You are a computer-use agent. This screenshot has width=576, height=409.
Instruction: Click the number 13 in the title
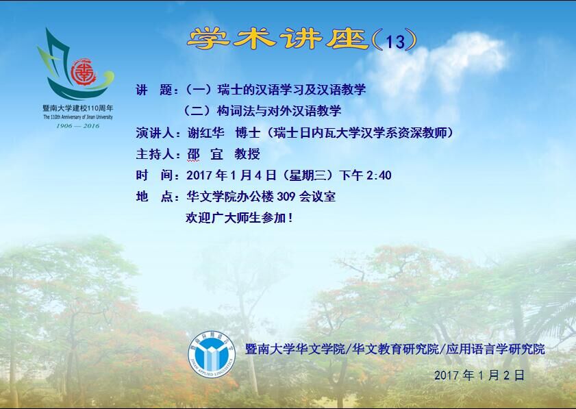click(395, 42)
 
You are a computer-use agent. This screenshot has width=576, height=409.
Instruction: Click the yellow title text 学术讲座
click(277, 38)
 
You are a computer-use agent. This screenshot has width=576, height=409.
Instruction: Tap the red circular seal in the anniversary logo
click(84, 72)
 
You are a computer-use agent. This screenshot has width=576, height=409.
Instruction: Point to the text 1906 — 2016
click(77, 125)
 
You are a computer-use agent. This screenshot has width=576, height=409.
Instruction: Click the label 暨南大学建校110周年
click(78, 108)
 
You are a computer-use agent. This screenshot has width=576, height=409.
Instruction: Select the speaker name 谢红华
click(205, 133)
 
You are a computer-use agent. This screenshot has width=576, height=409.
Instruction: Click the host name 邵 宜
click(205, 154)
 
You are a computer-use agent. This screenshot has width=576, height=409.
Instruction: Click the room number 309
click(286, 197)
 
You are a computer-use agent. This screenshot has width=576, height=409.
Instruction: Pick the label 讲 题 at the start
click(154, 90)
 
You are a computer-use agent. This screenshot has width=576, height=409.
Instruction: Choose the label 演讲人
click(155, 133)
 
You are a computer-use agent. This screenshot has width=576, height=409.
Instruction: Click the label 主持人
click(155, 154)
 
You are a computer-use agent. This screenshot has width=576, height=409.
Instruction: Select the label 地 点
click(154, 197)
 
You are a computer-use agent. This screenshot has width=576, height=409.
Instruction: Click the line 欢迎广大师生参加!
click(240, 218)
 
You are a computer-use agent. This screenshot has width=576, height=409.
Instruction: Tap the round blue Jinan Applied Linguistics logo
click(212, 354)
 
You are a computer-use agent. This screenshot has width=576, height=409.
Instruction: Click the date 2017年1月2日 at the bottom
click(479, 375)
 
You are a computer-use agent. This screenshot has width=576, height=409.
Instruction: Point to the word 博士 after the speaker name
click(248, 133)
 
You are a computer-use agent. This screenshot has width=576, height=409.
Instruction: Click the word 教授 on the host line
click(247, 154)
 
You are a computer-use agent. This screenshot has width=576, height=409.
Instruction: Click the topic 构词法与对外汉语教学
click(279, 111)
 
